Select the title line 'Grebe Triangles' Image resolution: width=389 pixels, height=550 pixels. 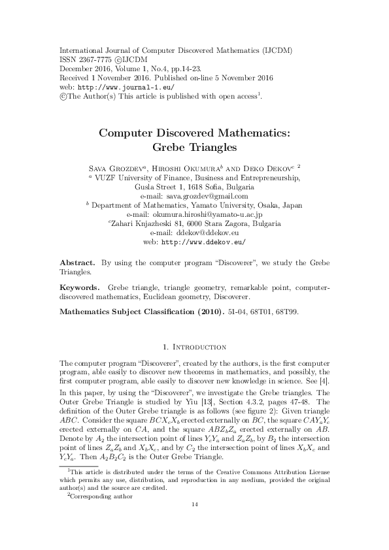(194, 147)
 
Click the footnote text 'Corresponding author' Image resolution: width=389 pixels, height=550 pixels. (103, 514)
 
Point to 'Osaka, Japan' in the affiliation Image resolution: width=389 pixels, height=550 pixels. (280, 204)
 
